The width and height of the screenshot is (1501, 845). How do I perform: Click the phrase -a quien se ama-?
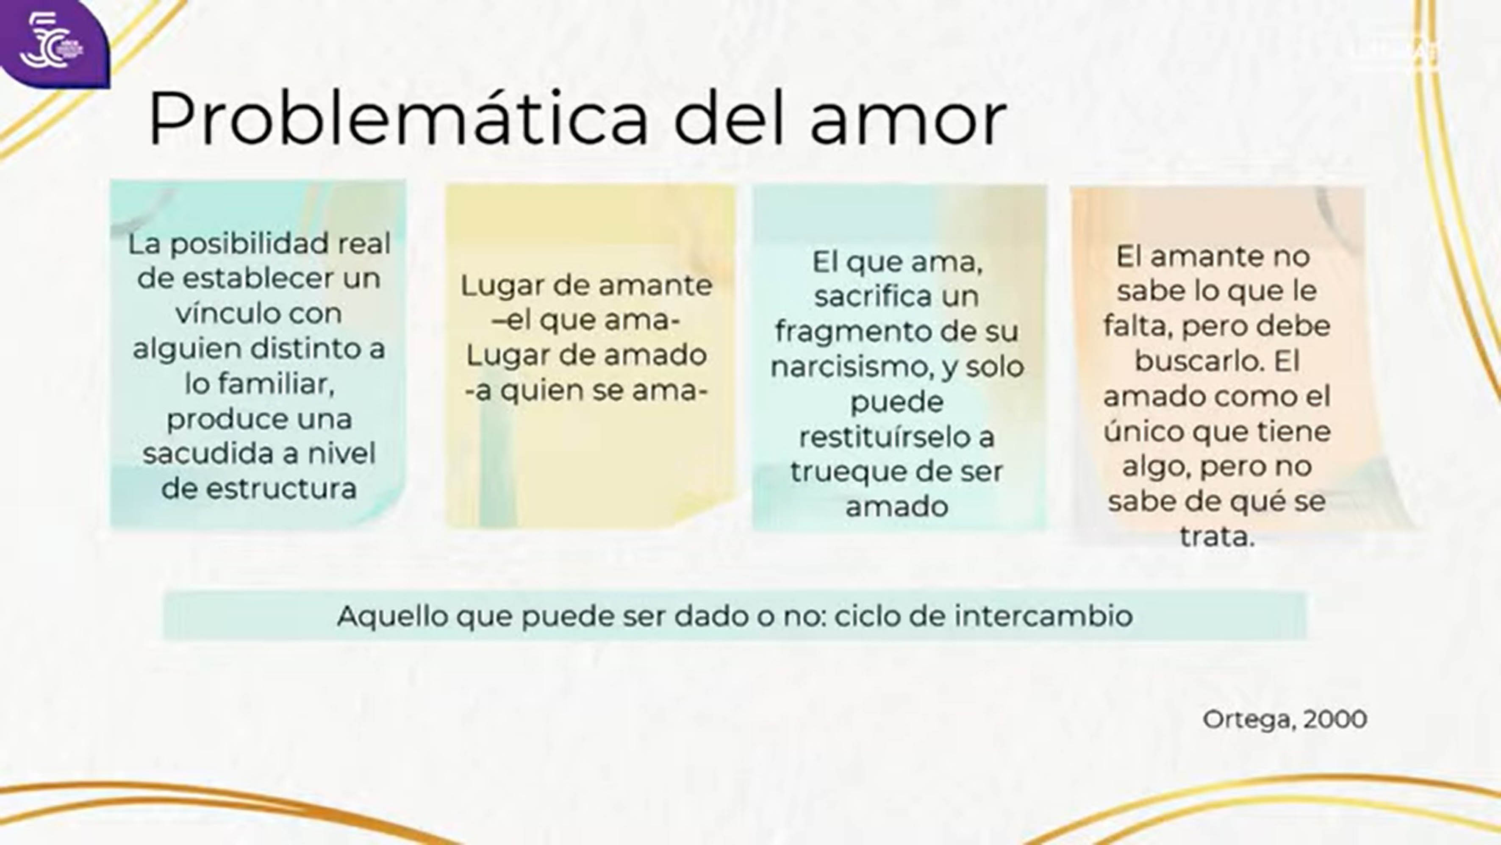(x=586, y=390)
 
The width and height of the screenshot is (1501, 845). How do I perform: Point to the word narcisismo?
(x=861, y=367)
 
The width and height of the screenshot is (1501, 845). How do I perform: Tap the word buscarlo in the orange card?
(x=1199, y=361)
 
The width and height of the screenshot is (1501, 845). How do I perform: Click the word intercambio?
(x=1043, y=615)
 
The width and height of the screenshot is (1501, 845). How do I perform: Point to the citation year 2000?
(x=1335, y=720)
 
